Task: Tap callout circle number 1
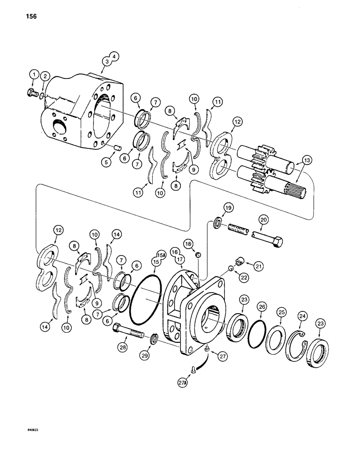(x=33, y=74)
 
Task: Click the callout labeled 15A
(x=161, y=254)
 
